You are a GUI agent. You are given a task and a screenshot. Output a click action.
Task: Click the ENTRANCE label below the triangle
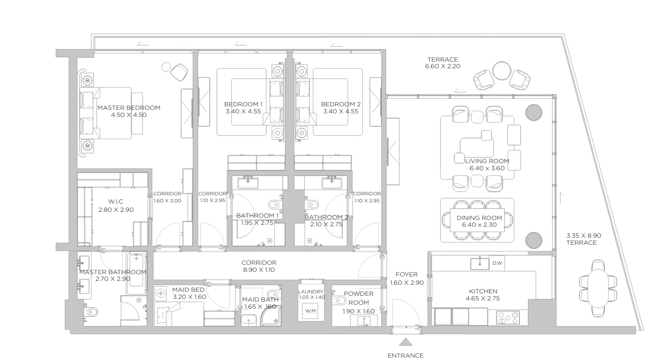(x=405, y=356)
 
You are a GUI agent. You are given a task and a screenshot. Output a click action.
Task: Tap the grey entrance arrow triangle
(x=406, y=342)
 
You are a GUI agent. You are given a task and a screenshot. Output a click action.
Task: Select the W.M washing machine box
(x=310, y=311)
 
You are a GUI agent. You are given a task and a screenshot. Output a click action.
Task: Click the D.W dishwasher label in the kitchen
(x=497, y=263)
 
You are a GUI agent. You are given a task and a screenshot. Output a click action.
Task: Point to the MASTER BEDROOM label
(x=129, y=108)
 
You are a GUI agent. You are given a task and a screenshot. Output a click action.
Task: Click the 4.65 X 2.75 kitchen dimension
(x=483, y=298)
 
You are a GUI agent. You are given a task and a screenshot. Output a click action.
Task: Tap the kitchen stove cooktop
(x=508, y=318)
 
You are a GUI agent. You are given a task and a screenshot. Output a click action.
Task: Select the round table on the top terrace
(x=502, y=71)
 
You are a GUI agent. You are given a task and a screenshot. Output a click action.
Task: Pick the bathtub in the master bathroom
(x=136, y=274)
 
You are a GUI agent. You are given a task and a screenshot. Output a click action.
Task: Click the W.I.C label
(x=116, y=202)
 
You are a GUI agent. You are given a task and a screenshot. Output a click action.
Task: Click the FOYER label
(x=407, y=275)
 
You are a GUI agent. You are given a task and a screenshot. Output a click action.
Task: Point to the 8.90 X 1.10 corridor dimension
(x=259, y=270)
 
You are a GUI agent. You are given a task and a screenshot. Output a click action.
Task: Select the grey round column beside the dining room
(x=534, y=240)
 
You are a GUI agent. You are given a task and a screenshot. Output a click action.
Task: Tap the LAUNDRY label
(x=310, y=292)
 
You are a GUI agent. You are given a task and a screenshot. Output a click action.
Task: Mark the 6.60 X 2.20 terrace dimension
(x=443, y=67)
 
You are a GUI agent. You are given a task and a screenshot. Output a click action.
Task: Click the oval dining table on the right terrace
(x=598, y=288)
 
